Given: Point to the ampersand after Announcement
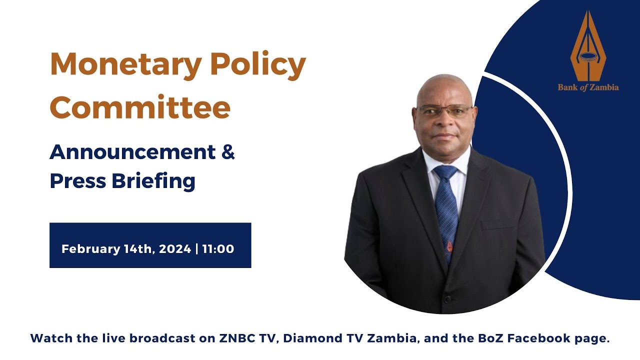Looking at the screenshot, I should [x=227, y=152].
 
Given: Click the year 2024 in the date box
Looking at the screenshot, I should [x=175, y=248].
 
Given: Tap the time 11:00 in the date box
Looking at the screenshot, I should [x=218, y=248].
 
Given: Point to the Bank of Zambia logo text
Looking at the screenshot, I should [x=588, y=87].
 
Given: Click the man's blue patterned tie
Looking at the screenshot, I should [x=446, y=210].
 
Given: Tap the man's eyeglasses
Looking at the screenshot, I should [x=445, y=111].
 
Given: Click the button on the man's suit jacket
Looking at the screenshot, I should [x=447, y=299].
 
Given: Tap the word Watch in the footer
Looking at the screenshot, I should [x=48, y=338].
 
